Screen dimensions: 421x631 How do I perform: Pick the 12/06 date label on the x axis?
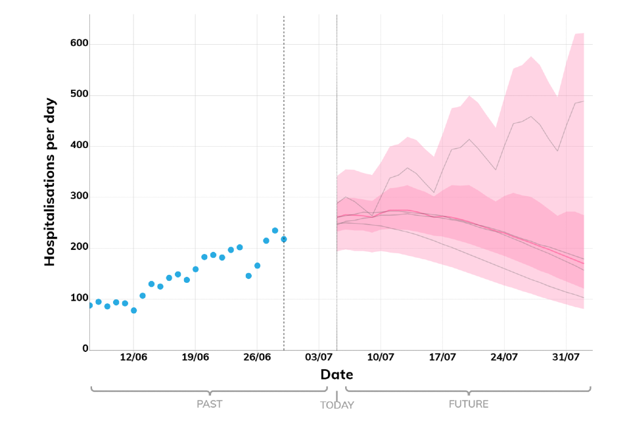pyautogui.click(x=133, y=358)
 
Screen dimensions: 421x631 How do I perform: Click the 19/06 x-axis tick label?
pyautogui.click(x=195, y=358)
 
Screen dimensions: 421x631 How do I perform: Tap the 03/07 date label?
pyautogui.click(x=319, y=358)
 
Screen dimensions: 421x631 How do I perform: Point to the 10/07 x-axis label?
pyautogui.click(x=381, y=358)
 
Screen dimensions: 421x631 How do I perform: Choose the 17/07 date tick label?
pyautogui.click(x=442, y=358)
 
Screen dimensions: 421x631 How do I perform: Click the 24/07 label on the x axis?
pyautogui.click(x=504, y=358)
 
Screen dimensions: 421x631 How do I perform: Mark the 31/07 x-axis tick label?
pyautogui.click(x=566, y=358)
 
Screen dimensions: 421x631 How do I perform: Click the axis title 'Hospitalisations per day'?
pyautogui.click(x=50, y=182)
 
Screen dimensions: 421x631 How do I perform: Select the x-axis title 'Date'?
pyautogui.click(x=337, y=375)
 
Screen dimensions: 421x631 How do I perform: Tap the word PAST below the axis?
pyautogui.click(x=209, y=404)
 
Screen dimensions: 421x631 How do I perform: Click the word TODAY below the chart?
pyautogui.click(x=337, y=405)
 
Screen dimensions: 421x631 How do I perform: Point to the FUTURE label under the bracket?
pyautogui.click(x=469, y=404)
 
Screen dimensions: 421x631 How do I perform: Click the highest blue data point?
pyautogui.click(x=275, y=231)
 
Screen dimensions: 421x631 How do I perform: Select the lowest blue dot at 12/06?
pyautogui.click(x=133, y=310)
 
